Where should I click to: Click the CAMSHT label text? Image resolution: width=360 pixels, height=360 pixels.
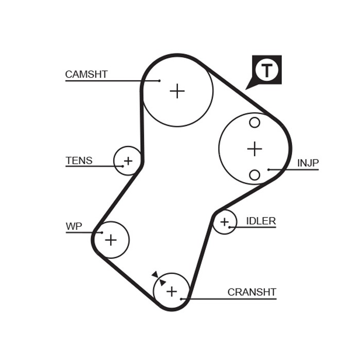tap(86, 74)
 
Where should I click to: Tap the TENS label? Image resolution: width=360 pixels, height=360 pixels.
tap(79, 160)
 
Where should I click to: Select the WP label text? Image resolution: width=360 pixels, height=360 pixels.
tap(74, 226)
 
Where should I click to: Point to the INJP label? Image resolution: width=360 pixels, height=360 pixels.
tap(308, 163)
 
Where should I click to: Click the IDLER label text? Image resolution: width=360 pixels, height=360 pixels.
tap(261, 221)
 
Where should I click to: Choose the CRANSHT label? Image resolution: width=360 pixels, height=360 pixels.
tap(252, 292)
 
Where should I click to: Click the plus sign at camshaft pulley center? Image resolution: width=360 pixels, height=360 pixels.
tap(177, 91)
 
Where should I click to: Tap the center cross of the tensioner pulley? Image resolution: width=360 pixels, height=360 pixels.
tap(128, 160)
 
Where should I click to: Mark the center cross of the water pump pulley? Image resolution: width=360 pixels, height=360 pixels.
tap(111, 240)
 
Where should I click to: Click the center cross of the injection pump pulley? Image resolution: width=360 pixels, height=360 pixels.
tap(255, 149)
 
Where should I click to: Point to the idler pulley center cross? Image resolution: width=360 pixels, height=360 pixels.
tap(224, 222)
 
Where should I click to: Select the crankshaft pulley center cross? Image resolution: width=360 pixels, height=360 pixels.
tap(171, 292)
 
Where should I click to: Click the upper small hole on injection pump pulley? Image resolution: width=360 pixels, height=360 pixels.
tap(255, 122)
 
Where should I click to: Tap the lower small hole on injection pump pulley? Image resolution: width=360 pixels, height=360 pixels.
tap(255, 175)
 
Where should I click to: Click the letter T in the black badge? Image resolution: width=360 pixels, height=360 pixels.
tap(267, 70)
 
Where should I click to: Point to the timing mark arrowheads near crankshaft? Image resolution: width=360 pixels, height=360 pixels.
tap(159, 279)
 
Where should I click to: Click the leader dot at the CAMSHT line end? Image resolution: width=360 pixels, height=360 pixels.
tap(159, 81)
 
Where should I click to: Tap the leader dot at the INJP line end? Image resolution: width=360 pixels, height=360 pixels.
tap(268, 169)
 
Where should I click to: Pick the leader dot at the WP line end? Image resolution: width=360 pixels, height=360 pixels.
tap(102, 232)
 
